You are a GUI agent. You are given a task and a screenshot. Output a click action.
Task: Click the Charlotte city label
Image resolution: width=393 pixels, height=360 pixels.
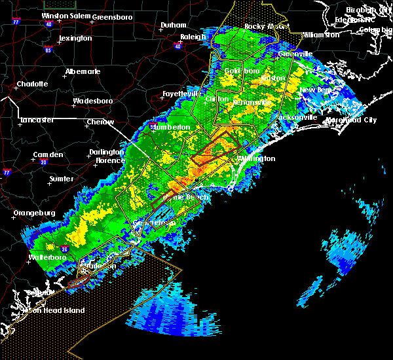click(32, 84)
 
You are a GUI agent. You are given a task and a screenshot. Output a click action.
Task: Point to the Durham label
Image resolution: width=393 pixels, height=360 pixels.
click(174, 26)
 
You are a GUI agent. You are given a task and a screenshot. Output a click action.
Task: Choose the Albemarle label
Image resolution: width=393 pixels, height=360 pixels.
click(84, 71)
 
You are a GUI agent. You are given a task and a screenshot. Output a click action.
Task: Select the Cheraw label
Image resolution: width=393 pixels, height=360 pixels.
click(100, 122)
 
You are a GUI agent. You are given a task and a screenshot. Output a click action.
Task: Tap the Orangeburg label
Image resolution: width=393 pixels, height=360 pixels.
click(33, 213)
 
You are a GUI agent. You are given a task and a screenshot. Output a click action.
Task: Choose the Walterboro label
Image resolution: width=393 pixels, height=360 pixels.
click(48, 258)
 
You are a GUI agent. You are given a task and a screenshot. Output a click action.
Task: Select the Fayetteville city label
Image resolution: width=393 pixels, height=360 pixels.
click(181, 94)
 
